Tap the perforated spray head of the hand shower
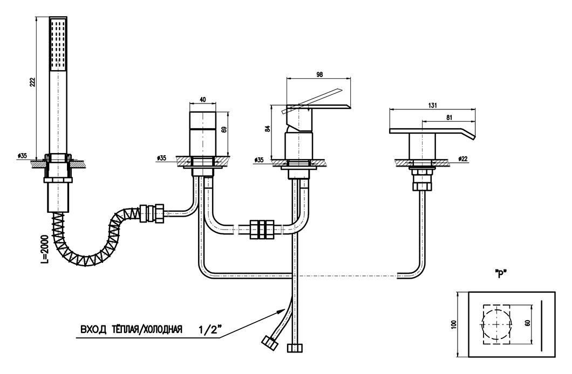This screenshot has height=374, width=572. coord(59,44)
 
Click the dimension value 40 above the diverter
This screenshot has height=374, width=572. coord(203,100)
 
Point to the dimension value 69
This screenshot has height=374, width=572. coord(224,129)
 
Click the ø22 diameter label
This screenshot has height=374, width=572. coord(462,159)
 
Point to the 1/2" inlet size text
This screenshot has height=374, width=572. coord(208,328)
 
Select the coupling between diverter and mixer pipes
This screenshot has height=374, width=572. coord(262,229)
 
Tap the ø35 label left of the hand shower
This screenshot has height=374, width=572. coord(22,156)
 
